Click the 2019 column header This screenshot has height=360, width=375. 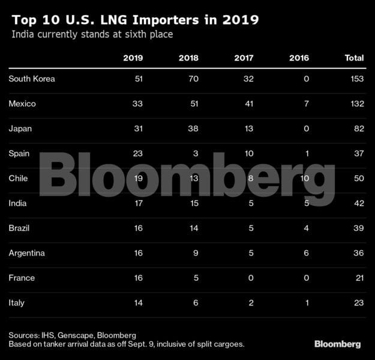point(133,58)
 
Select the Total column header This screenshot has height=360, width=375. point(354,58)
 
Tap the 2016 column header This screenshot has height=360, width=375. point(299,58)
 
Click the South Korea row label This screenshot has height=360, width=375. point(31,79)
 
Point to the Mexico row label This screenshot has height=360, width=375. point(23,104)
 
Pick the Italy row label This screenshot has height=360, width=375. point(17,303)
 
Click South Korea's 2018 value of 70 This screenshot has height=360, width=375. point(193,79)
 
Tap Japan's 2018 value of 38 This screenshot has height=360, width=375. point(193,128)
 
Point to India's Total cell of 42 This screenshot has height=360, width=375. point(358,203)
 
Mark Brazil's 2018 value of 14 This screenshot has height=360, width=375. point(193,229)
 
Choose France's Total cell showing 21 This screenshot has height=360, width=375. point(358,278)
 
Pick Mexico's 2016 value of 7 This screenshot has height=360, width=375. point(307,104)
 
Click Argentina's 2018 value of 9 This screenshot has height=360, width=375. point(196,253)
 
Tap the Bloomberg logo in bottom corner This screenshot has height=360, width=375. point(337,344)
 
